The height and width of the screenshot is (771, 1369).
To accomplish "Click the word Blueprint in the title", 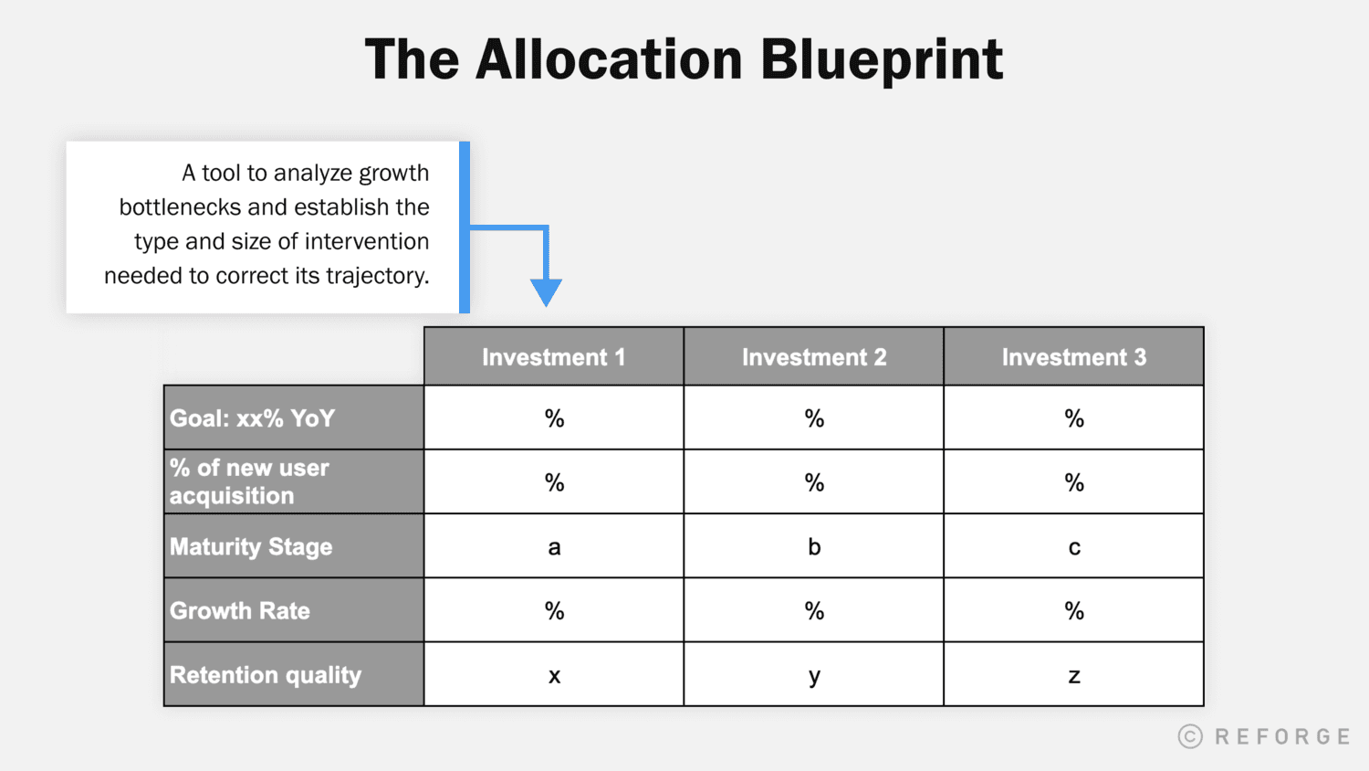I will (882, 60).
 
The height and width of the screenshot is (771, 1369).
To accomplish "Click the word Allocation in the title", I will (609, 60).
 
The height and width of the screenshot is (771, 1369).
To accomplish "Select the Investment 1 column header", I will (553, 357).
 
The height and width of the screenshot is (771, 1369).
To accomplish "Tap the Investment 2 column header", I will (813, 357).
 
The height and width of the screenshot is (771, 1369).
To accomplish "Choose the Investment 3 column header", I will (1073, 357).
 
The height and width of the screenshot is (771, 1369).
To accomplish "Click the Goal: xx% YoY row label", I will (253, 418).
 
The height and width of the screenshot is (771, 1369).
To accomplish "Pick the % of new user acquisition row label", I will (249, 481).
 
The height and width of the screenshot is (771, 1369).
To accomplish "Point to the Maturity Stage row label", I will (251, 546).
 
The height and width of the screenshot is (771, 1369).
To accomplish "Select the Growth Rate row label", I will (240, 610).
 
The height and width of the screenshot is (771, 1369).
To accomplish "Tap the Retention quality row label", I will (266, 675).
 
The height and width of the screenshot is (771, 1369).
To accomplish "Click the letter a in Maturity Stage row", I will (554, 547).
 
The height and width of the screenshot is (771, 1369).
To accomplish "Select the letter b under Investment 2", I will (814, 546).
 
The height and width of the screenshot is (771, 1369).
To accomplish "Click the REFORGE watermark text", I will (1282, 736).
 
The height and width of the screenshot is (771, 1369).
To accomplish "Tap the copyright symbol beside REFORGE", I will (1190, 736).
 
